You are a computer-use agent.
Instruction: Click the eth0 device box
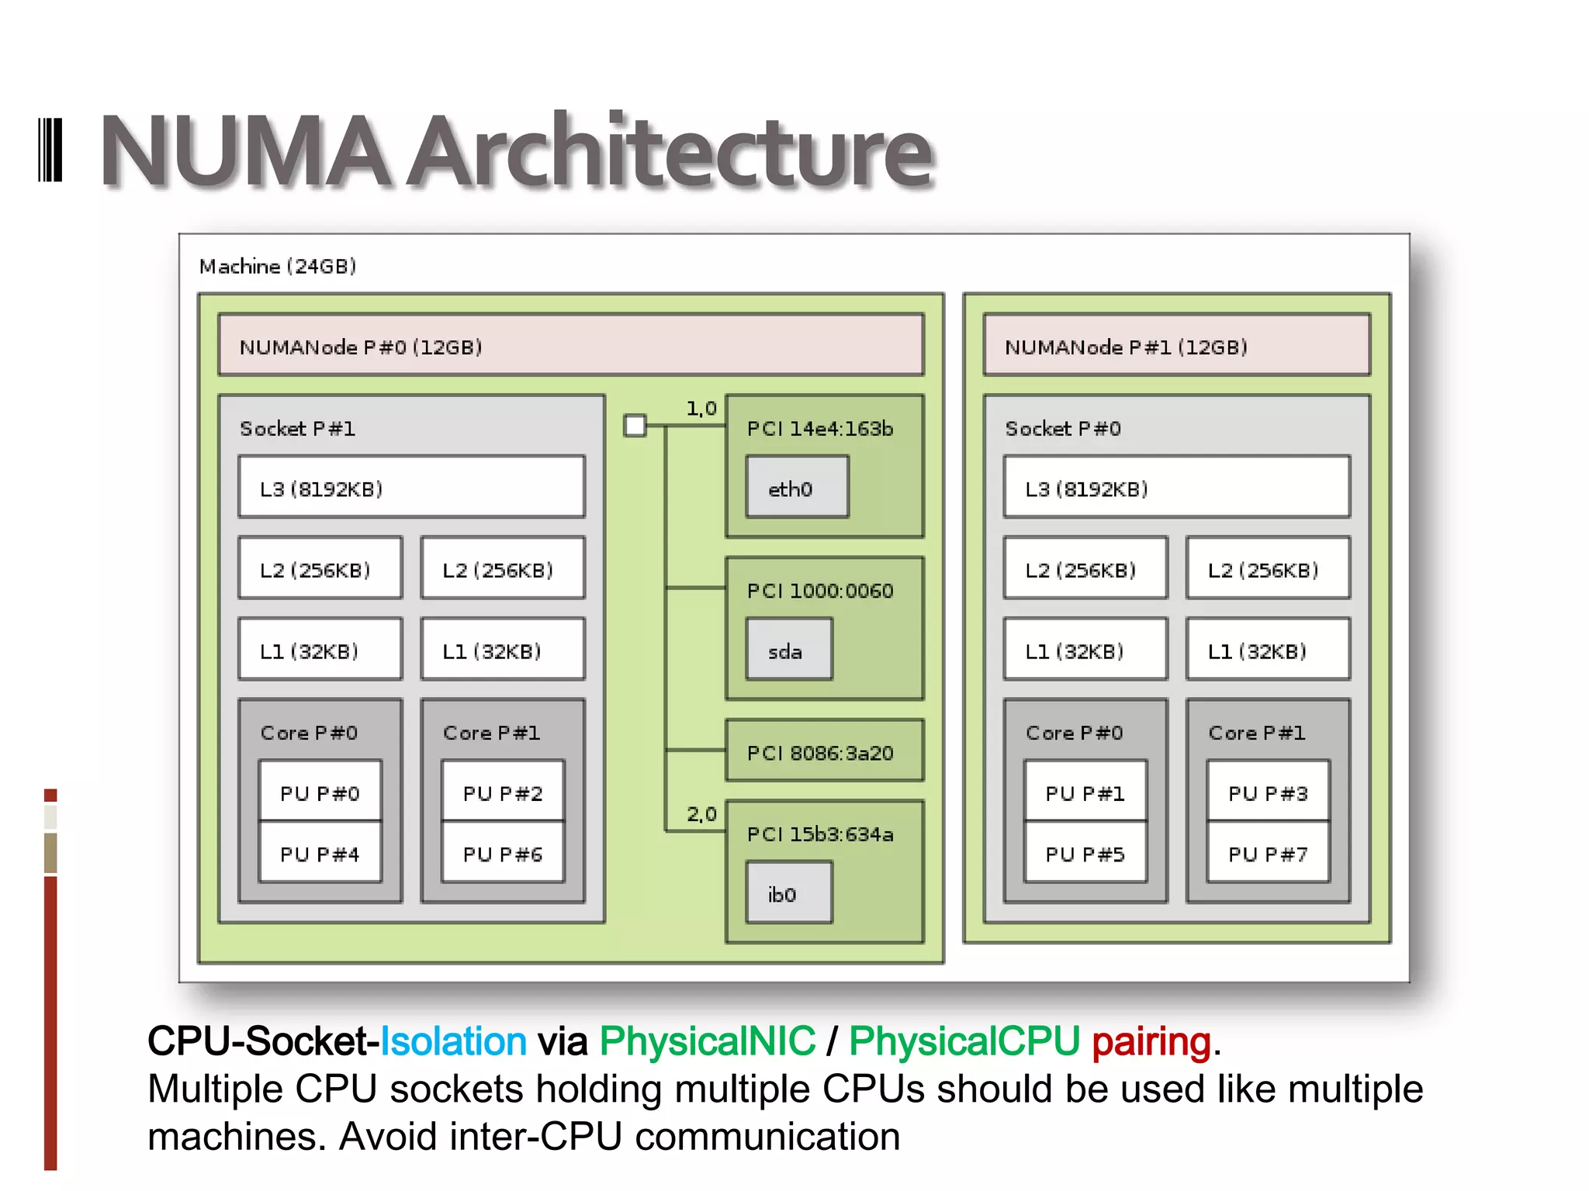(x=797, y=487)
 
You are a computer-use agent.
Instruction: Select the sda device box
(x=788, y=649)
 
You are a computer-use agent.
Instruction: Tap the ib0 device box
(x=788, y=892)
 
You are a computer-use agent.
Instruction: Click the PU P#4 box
(x=320, y=853)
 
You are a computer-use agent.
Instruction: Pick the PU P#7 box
(x=1268, y=853)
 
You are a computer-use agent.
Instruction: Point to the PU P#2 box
(x=503, y=792)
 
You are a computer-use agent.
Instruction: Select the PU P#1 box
(x=1085, y=792)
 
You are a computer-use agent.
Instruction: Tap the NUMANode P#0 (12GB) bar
(x=570, y=345)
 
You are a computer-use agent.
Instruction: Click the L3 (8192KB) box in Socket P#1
(x=411, y=487)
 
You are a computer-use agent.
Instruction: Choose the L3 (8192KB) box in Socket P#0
(x=1176, y=487)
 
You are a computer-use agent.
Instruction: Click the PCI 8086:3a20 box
(x=824, y=751)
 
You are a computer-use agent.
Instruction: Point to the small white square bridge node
(x=635, y=425)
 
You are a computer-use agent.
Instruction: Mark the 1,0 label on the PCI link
(x=701, y=408)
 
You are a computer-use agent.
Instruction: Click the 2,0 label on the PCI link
(x=701, y=813)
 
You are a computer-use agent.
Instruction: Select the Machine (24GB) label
(x=277, y=266)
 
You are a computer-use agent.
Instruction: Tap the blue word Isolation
(x=453, y=1041)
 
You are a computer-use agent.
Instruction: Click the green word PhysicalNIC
(x=707, y=1041)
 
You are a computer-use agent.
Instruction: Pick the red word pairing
(x=1151, y=1041)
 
